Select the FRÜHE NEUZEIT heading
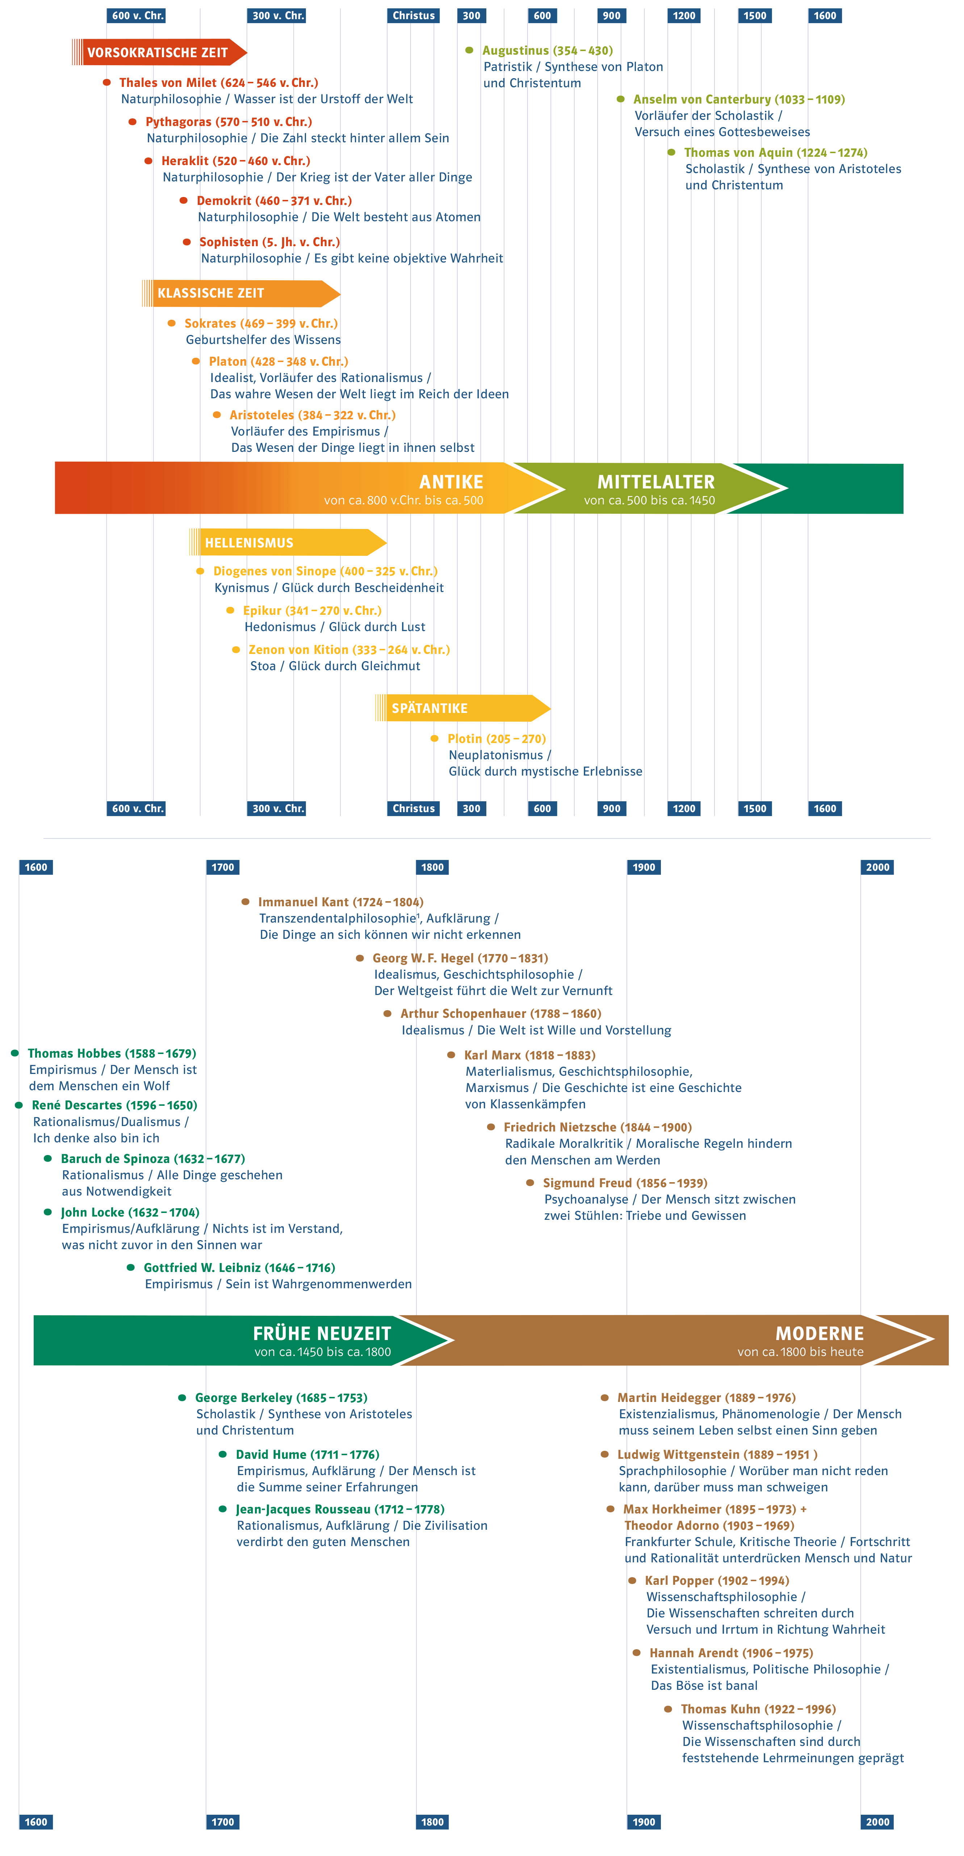click(322, 1334)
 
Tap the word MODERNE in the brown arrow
click(819, 1334)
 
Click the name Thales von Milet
click(168, 83)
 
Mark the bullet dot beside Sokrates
click(172, 323)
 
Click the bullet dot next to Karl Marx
click(451, 1055)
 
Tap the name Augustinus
click(515, 50)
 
